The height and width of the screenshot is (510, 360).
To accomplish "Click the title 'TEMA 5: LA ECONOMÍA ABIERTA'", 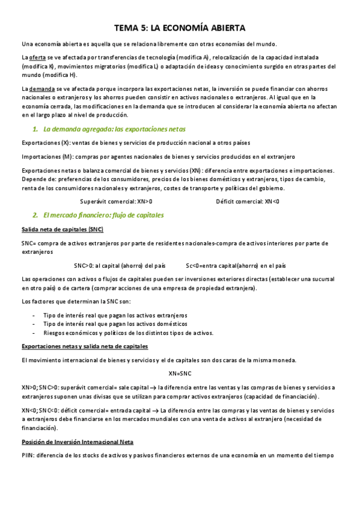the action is click(180, 28).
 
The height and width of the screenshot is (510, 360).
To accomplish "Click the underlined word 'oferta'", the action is click(38, 57).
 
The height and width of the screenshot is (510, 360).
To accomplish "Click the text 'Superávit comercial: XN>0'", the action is click(116, 201).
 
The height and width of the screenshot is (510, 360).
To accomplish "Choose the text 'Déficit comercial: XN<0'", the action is click(247, 201).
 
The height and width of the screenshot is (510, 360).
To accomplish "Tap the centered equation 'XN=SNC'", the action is click(180, 373).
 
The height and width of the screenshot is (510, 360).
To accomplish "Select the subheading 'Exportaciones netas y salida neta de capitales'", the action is click(85, 346).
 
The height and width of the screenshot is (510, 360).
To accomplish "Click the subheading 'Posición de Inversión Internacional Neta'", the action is click(77, 441).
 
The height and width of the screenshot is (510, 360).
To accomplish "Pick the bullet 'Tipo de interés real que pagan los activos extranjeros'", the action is click(115, 315).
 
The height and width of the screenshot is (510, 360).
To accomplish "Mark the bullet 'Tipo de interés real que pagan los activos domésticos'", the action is click(115, 324).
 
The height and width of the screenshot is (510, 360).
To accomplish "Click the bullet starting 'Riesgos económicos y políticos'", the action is click(128, 333).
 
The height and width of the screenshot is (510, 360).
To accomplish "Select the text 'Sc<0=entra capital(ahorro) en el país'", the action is click(236, 265).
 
